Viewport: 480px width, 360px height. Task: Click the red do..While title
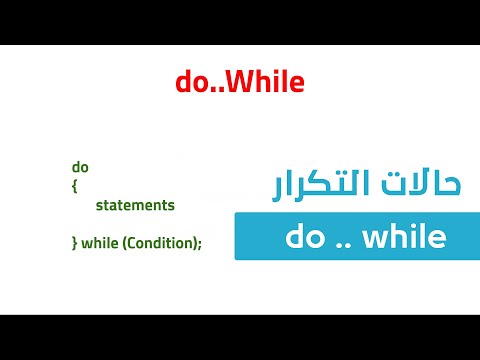[240, 83]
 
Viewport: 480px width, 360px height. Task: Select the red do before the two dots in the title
[191, 83]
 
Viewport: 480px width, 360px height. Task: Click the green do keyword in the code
[80, 167]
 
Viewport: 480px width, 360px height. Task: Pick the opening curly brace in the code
[74, 186]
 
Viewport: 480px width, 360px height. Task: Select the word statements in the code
[135, 205]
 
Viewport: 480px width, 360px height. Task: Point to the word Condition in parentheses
[159, 242]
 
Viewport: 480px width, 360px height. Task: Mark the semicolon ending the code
[200, 242]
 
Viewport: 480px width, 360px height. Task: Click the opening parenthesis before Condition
[125, 242]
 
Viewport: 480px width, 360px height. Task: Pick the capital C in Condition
[133, 242]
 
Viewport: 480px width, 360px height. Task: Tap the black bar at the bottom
[240, 337]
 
